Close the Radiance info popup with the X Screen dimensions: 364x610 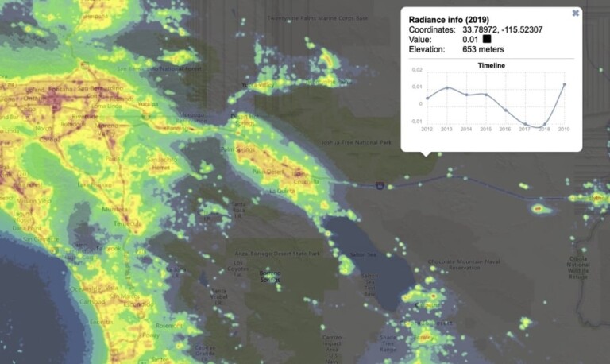point(575,13)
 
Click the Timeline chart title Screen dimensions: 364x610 point(491,65)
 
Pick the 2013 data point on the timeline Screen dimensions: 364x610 point(447,87)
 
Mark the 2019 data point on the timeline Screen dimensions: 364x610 point(564,83)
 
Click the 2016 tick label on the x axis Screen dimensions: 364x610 point(505,129)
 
